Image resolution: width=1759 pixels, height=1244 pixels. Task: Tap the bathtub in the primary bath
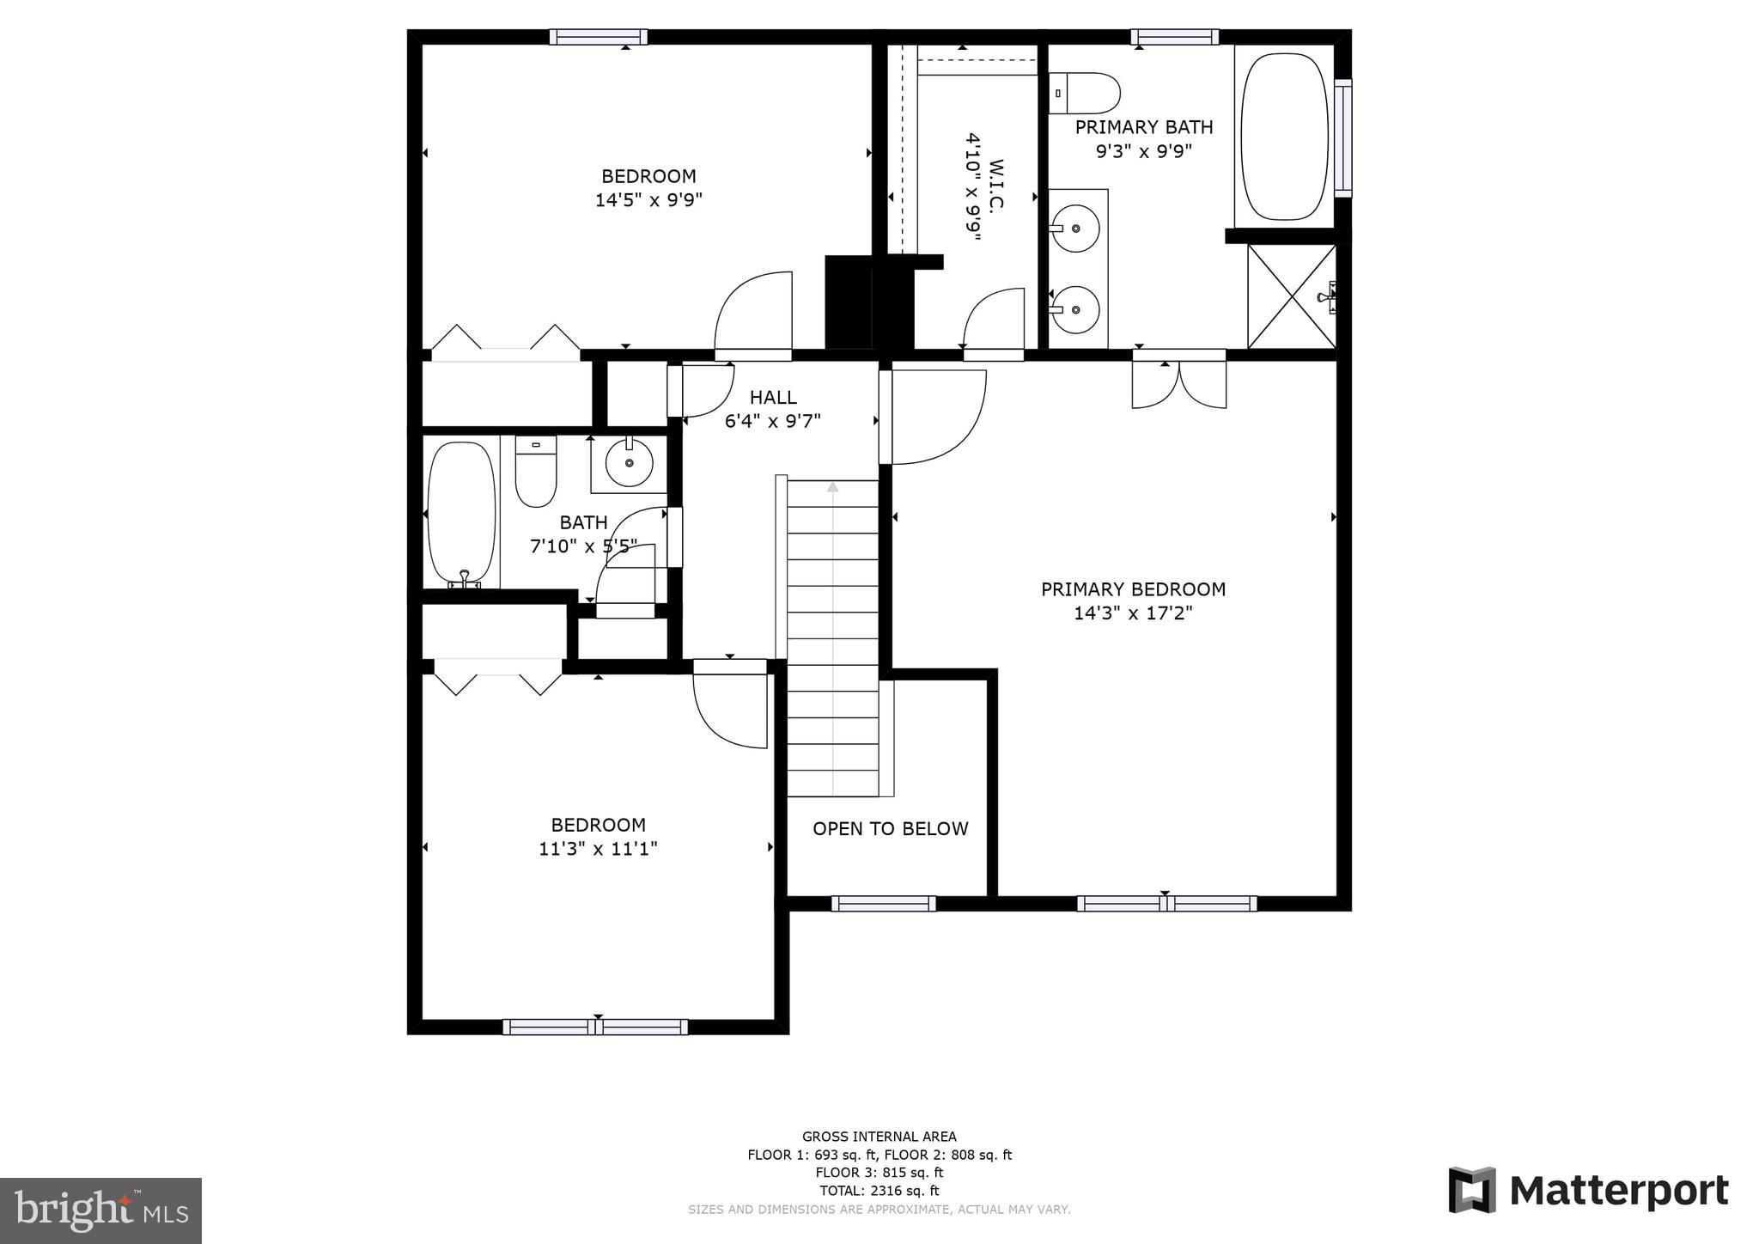point(1284,137)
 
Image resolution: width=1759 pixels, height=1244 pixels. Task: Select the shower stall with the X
point(1291,296)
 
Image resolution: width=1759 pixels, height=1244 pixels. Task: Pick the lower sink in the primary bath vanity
point(1076,309)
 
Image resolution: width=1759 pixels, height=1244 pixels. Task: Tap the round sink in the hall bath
point(630,463)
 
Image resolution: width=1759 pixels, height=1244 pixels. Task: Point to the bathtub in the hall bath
point(462,514)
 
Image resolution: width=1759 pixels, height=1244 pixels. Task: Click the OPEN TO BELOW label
point(890,828)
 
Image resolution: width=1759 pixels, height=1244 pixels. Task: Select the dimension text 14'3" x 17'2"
point(1133,613)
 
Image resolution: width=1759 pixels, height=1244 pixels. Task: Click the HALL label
point(773,397)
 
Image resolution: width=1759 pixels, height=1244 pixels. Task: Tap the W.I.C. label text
point(996,185)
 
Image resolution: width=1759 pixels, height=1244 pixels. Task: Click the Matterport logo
point(1588,1191)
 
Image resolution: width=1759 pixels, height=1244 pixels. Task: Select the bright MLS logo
point(100,1210)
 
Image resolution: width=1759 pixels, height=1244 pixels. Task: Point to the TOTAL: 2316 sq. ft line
point(879,1191)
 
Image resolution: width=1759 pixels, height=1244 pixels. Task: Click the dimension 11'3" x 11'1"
point(598,849)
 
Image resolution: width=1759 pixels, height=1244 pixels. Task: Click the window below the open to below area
point(883,903)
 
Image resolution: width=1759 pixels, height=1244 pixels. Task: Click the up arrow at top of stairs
point(832,487)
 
